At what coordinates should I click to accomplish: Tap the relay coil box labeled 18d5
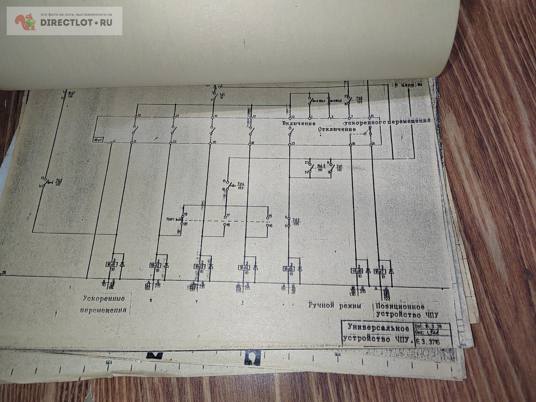point(288,269)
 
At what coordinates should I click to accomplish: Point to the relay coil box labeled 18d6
point(356,271)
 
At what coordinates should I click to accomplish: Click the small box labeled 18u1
point(98,139)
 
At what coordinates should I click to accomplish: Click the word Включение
point(298,123)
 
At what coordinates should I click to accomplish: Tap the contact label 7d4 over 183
point(241,186)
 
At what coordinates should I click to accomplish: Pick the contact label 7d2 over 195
point(296,221)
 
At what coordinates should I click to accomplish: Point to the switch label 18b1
point(322,101)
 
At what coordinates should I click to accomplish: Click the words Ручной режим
point(335,306)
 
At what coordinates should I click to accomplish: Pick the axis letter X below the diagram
point(150,300)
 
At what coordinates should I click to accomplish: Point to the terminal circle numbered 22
point(171,142)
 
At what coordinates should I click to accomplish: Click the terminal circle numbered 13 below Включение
point(290,144)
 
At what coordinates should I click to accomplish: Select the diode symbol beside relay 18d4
point(256,267)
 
